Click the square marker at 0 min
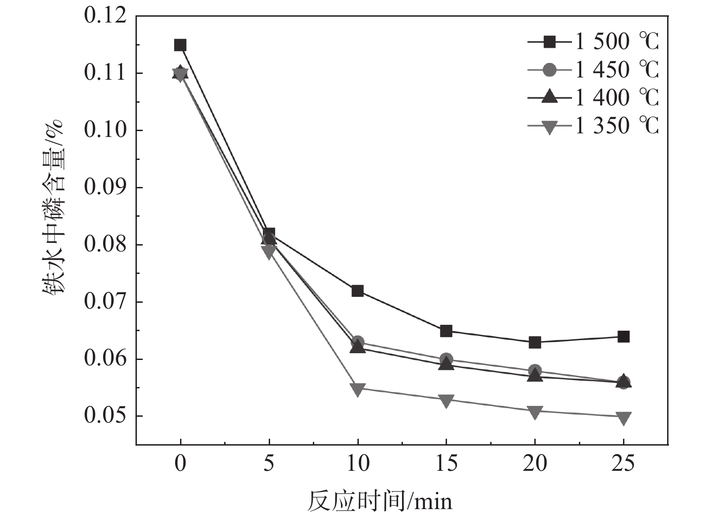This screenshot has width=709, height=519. click(x=180, y=45)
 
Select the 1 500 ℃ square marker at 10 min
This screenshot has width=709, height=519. click(x=357, y=291)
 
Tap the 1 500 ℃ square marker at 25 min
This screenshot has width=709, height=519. click(x=623, y=337)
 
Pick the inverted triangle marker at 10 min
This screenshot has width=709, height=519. click(x=357, y=389)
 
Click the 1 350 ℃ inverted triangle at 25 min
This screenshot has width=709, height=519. click(x=623, y=418)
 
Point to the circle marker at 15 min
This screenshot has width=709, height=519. click(x=446, y=359)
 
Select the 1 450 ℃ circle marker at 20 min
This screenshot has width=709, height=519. click(x=535, y=371)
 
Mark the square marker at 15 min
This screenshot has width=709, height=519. click(x=446, y=331)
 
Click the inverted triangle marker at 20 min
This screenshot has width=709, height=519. click(x=535, y=412)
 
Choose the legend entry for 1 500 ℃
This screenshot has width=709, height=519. click(x=593, y=42)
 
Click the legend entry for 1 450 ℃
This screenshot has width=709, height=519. click(x=593, y=70)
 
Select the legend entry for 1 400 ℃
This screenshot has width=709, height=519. click(x=593, y=98)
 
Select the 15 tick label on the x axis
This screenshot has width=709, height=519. click(x=446, y=464)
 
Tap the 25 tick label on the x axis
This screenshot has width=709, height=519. click(x=623, y=464)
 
